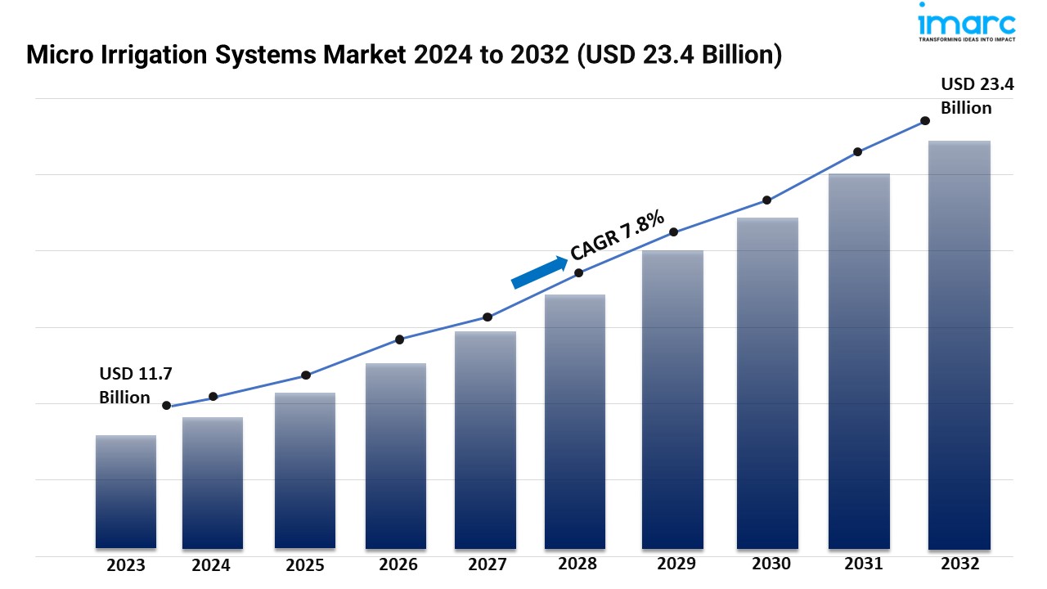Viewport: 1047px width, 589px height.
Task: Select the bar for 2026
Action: point(396,456)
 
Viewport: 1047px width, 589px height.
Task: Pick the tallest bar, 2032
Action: point(959,344)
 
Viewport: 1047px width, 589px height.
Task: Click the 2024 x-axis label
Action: point(212,565)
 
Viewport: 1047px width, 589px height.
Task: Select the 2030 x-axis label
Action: point(771,564)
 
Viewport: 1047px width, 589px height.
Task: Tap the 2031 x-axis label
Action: point(863,564)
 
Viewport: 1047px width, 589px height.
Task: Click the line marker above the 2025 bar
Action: point(306,375)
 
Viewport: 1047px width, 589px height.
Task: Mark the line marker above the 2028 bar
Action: point(578,273)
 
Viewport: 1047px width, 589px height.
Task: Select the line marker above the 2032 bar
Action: point(925,120)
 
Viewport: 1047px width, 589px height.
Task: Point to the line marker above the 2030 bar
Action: point(767,200)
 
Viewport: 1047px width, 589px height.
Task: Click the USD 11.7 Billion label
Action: point(136,385)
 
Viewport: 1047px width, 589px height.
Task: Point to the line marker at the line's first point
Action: point(167,406)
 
